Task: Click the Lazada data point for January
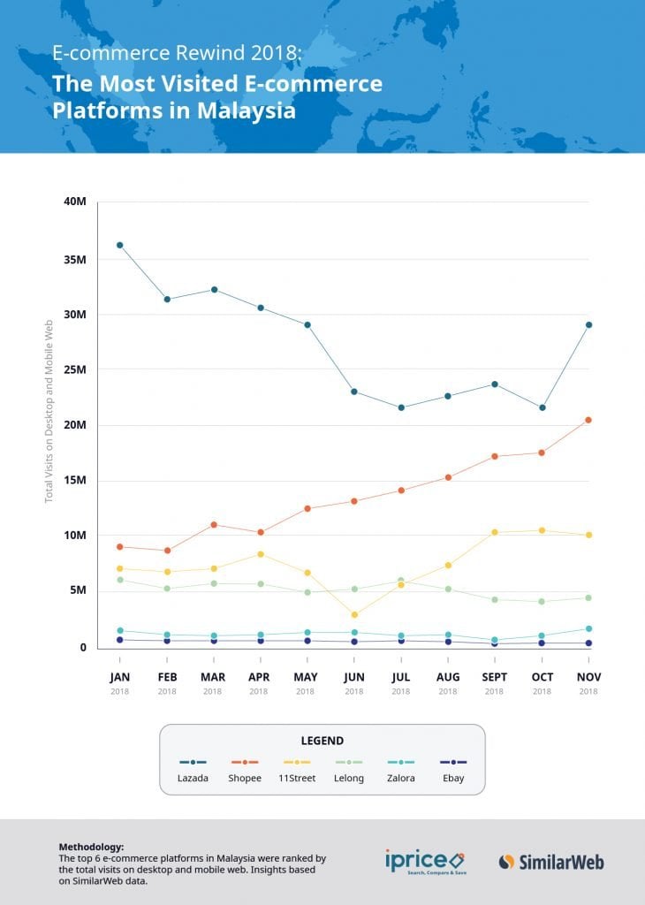(x=119, y=245)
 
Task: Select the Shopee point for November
(x=588, y=420)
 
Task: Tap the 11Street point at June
(x=354, y=615)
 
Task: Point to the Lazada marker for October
(x=542, y=407)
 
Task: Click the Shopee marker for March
(x=213, y=525)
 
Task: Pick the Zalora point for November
(x=588, y=628)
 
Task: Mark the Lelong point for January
(x=119, y=580)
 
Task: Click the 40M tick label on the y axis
(x=75, y=202)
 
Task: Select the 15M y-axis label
(x=75, y=481)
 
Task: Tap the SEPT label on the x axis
(x=495, y=677)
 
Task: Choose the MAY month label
(x=306, y=677)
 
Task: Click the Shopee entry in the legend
(x=245, y=778)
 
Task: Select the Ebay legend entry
(x=453, y=778)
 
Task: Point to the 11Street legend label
(x=296, y=778)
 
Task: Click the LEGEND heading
(x=322, y=741)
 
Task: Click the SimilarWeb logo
(x=551, y=862)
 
